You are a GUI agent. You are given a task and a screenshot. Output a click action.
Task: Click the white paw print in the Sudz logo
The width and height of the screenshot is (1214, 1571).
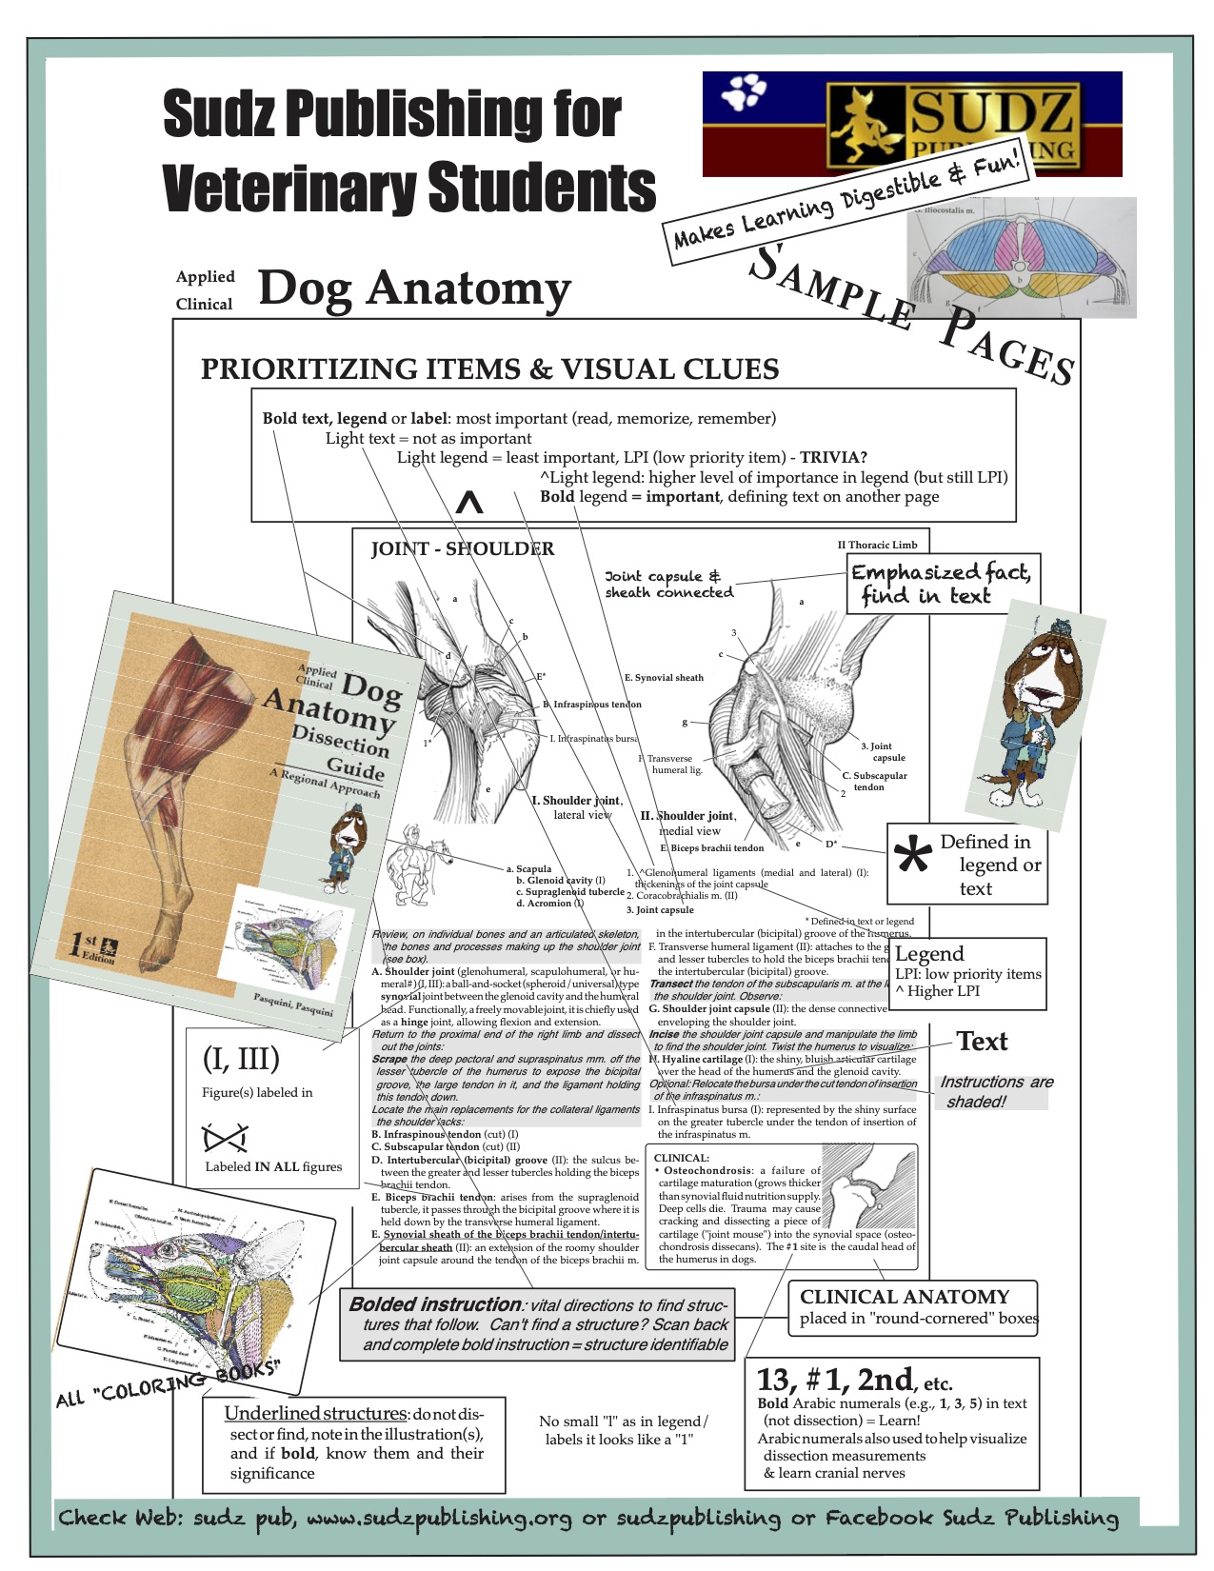coord(744,92)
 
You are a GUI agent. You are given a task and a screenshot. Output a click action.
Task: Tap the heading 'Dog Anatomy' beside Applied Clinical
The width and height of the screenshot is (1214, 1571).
coord(414,288)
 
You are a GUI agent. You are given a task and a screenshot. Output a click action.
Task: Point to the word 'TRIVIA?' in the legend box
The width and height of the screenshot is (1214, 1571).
coord(833,457)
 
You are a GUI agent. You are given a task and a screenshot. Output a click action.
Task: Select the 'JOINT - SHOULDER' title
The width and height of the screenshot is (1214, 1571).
coord(462,548)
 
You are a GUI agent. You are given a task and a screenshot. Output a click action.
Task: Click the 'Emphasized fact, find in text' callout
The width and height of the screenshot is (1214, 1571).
coord(941,584)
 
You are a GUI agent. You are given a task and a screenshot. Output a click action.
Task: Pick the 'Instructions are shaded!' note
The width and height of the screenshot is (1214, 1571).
coord(995,1092)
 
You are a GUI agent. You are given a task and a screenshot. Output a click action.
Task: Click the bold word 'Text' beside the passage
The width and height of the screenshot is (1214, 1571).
coord(982,1042)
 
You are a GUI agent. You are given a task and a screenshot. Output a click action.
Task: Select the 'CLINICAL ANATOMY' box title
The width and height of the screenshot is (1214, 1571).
coord(904,1297)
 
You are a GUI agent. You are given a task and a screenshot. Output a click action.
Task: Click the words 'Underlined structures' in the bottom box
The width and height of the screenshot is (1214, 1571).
coord(315,1413)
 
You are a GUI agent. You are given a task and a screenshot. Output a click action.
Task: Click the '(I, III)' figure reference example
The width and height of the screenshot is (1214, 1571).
coord(241,1059)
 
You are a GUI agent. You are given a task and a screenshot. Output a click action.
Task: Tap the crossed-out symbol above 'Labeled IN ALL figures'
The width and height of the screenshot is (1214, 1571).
coord(226,1138)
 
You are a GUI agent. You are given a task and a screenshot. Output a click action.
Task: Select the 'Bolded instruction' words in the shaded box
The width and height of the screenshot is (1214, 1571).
coord(435,1304)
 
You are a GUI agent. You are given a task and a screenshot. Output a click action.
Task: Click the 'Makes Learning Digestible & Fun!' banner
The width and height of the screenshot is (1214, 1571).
coord(846,197)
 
